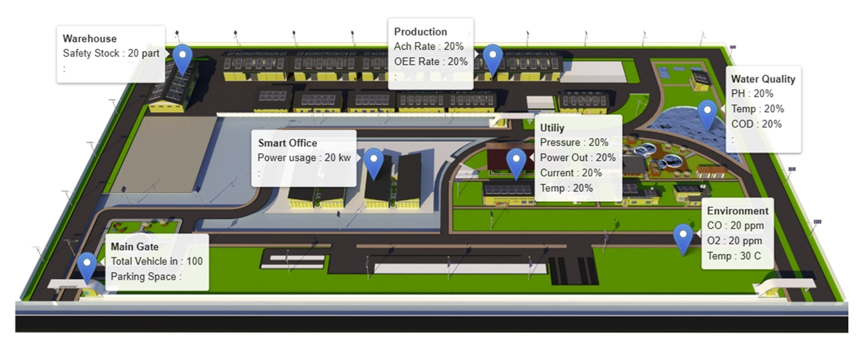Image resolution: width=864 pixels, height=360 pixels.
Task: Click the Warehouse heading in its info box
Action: click(90, 39)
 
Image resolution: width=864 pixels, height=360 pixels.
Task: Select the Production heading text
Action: click(420, 31)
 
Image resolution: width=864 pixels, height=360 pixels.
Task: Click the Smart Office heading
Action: click(287, 143)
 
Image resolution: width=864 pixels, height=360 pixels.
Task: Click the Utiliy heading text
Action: click(552, 127)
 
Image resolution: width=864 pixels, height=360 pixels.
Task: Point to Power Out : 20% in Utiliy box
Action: click(578, 158)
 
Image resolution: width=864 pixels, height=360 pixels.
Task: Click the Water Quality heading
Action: click(763, 79)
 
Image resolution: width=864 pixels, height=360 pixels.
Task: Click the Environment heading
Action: click(738, 211)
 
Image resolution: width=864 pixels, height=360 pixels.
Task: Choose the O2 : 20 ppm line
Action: click(734, 240)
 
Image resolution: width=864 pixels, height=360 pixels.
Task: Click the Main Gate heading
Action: click(134, 247)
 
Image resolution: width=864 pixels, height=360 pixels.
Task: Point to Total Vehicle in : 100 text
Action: click(156, 261)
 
